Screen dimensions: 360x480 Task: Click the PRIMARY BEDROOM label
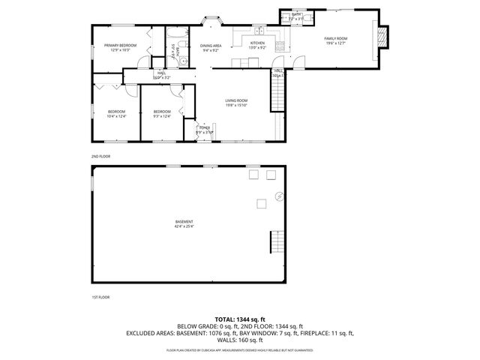pos(120,46)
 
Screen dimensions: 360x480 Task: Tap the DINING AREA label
pos(210,46)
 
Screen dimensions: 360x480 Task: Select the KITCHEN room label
pos(257,43)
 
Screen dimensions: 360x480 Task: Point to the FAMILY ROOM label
pos(334,37)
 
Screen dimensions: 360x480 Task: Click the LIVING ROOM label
pos(237,100)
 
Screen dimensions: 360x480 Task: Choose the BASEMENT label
pos(184,221)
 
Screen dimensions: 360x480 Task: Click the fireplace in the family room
pos(383,37)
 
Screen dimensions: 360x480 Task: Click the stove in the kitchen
pos(279,45)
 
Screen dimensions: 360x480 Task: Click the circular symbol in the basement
pos(280,197)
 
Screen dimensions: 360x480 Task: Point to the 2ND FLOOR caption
pos(100,156)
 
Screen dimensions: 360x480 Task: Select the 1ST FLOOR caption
pos(100,297)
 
